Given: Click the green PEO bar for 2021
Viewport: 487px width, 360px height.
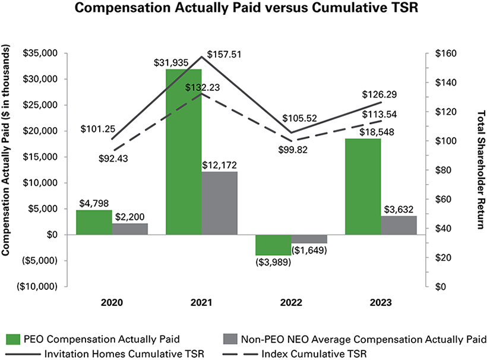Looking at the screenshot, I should click(x=184, y=151).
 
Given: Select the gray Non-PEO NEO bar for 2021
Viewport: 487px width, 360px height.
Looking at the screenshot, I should click(x=219, y=203).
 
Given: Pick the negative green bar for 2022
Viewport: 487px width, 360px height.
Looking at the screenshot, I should click(x=273, y=245).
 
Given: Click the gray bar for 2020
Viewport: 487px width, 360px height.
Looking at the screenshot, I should click(x=129, y=229).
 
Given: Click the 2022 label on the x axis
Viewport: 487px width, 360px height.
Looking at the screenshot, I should click(x=291, y=303).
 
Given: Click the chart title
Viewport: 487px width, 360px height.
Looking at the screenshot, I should click(x=243, y=10).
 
